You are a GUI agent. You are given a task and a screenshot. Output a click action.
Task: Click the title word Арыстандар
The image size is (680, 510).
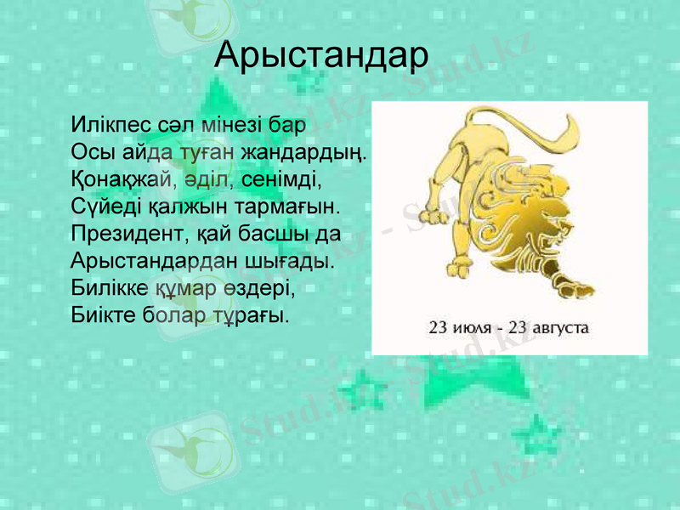click(321, 55)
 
